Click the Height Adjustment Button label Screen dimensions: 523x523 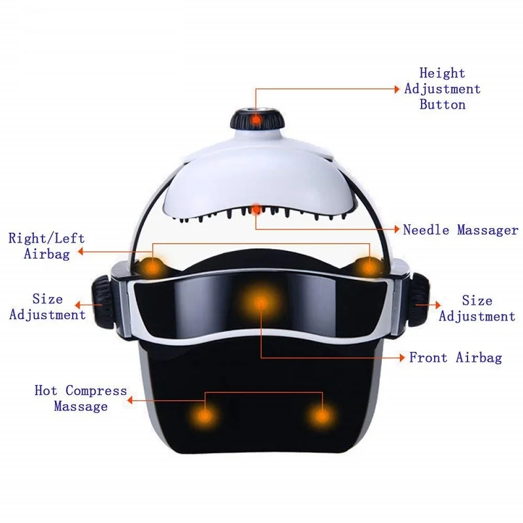tap(442, 89)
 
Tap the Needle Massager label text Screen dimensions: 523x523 tap(460, 230)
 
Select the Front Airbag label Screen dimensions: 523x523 tap(456, 358)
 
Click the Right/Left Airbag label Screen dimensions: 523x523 tap(46, 246)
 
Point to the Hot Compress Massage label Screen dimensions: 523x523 tap(81, 399)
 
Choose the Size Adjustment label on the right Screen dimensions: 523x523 tap(477, 309)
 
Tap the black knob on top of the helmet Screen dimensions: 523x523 tap(257, 120)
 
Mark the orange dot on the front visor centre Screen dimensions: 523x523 tap(260, 303)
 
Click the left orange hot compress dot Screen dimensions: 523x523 tap(205, 414)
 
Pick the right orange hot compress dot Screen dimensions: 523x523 tap(322, 415)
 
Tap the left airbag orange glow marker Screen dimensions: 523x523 tap(152, 266)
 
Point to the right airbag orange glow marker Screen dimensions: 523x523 tap(370, 266)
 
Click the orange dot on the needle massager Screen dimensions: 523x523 tap(257, 209)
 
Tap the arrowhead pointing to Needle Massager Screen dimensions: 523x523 tap(396, 229)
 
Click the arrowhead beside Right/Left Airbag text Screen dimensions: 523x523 tap(82, 250)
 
